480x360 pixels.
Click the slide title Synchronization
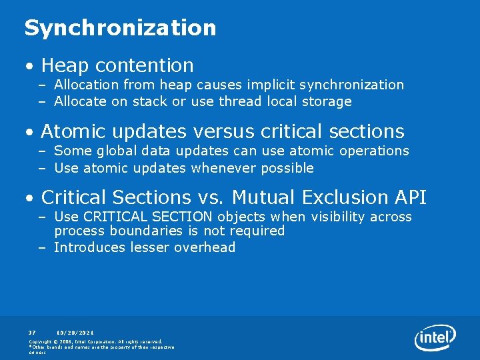pyautogui.click(x=120, y=28)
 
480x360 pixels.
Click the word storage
pyautogui.click(x=327, y=101)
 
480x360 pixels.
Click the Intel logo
pyautogui.click(x=435, y=338)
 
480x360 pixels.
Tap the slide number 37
pyautogui.click(x=32, y=332)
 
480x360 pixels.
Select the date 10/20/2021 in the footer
pyautogui.click(x=75, y=332)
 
